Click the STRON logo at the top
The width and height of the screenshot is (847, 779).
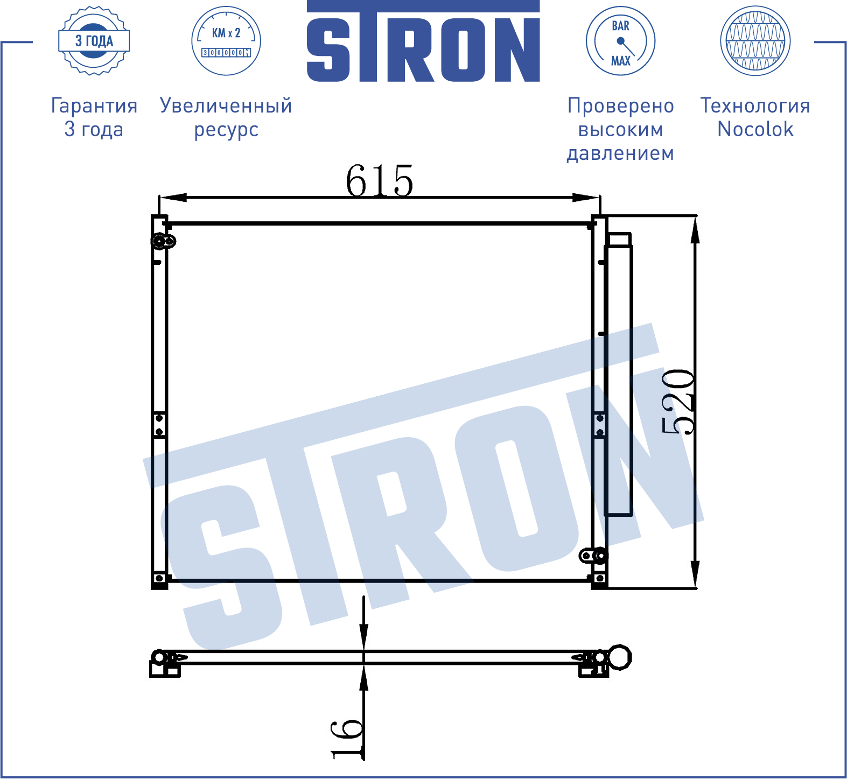(423, 41)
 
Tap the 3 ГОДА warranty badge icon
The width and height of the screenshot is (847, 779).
(94, 41)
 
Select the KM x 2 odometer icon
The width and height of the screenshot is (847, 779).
(226, 41)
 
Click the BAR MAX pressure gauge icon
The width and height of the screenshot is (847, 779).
(620, 41)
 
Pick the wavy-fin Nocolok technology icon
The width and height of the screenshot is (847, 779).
(755, 41)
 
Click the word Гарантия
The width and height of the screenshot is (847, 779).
(94, 106)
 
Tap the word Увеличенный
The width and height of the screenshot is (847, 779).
(226, 106)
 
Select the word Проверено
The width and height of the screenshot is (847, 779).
(620, 106)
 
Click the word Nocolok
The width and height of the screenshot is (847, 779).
(755, 129)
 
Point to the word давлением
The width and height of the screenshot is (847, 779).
(620, 154)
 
